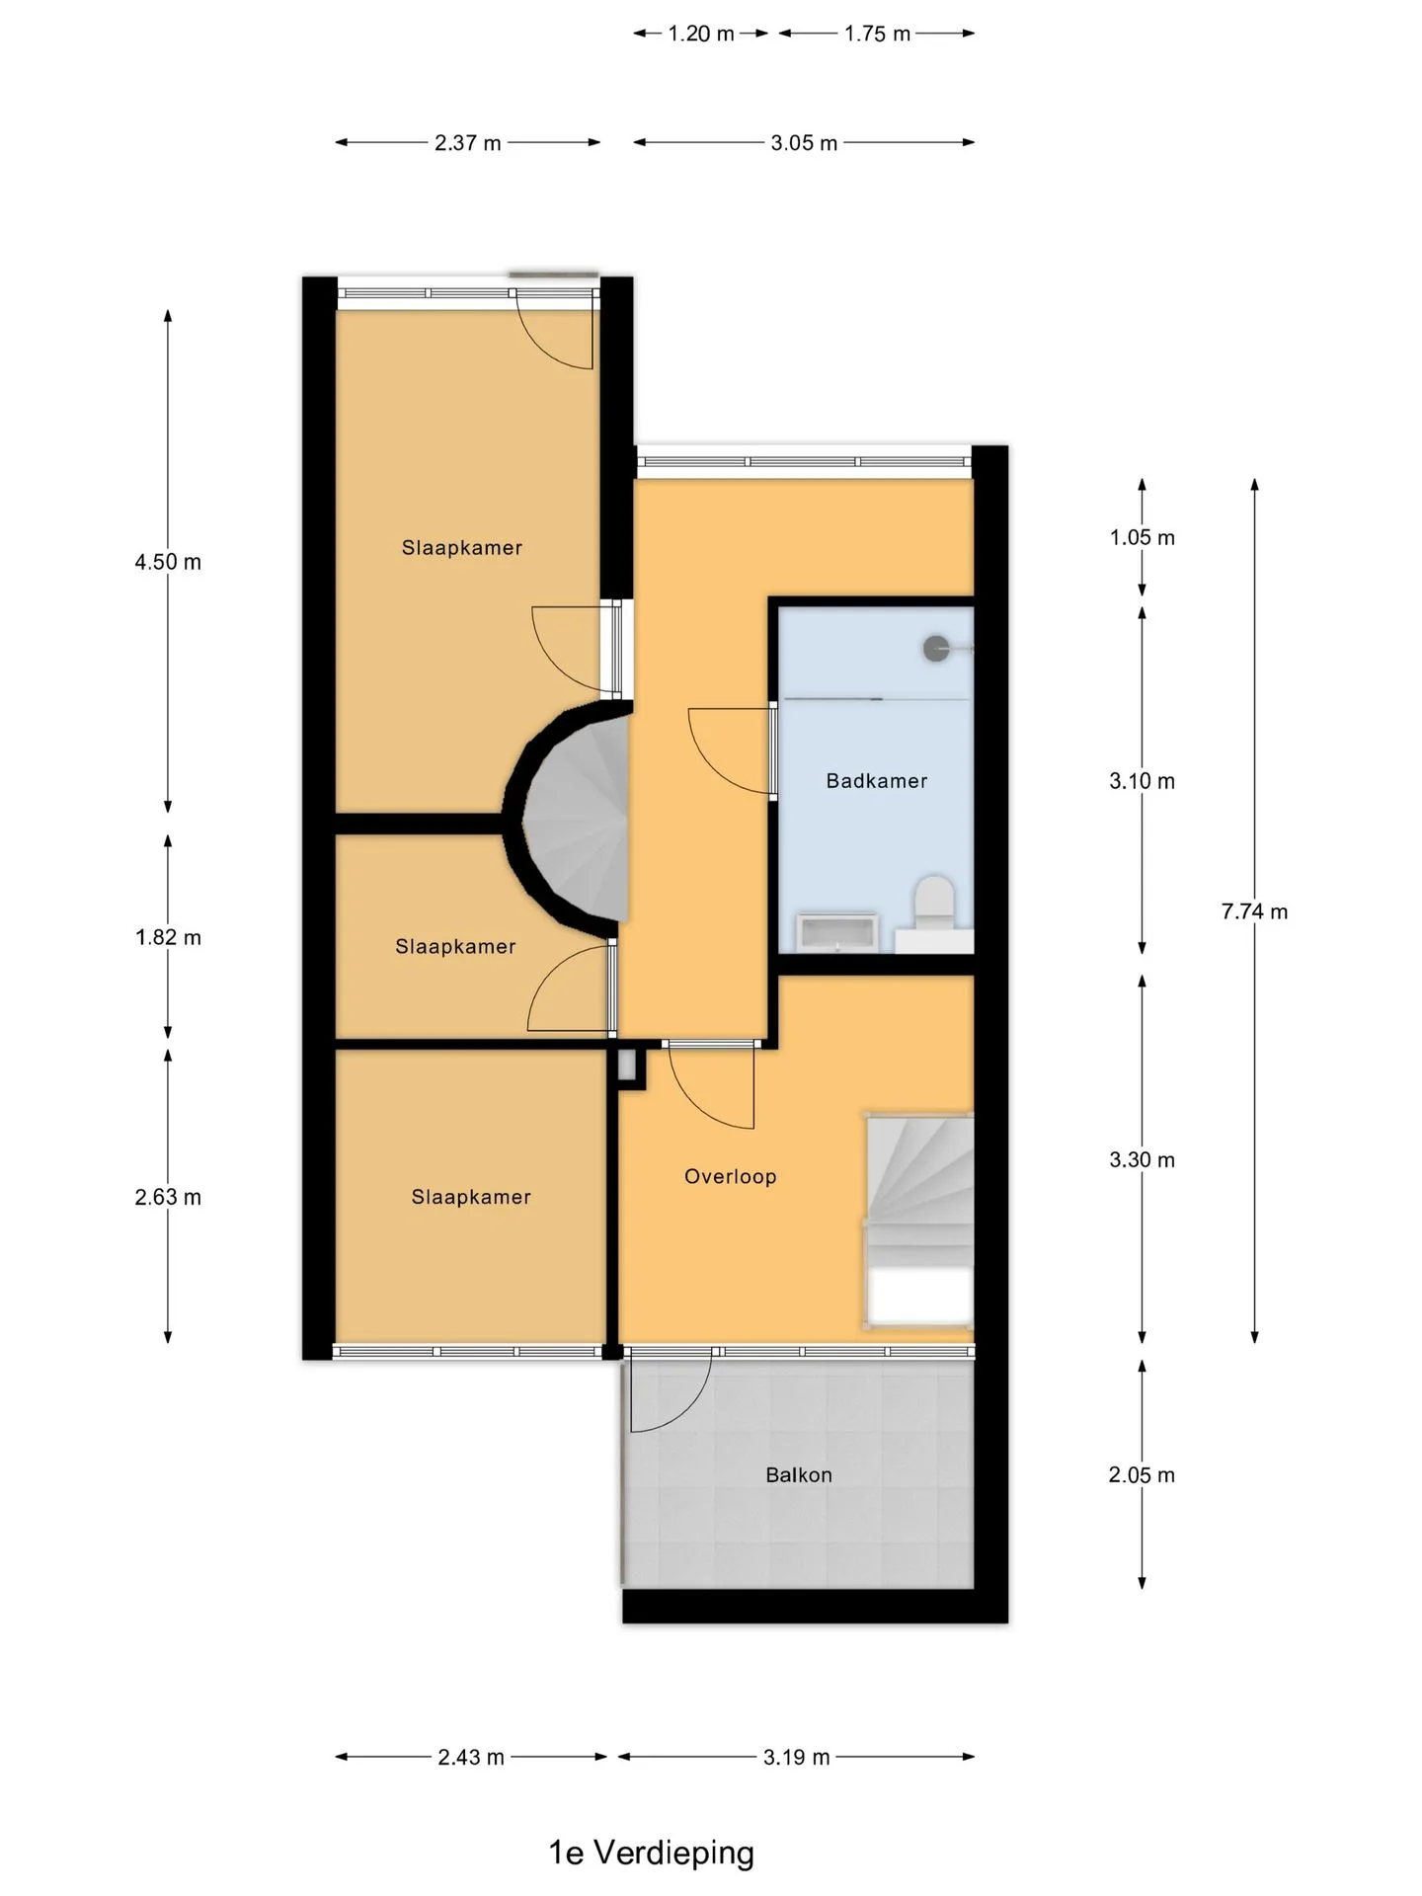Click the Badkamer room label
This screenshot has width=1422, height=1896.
[x=877, y=781]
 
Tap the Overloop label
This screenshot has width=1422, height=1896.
[x=731, y=1176]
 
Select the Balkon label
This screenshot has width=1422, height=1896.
[x=799, y=1475]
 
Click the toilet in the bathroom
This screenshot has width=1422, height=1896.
[x=934, y=903]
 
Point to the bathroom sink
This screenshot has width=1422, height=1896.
[x=837, y=931]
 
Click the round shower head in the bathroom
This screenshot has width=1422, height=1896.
[x=936, y=649]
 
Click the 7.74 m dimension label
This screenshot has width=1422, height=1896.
[x=1254, y=911]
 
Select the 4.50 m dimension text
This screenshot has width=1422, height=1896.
[x=168, y=562]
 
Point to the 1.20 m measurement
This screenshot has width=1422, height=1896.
[x=701, y=34]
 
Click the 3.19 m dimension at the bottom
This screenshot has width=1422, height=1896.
[x=796, y=1757]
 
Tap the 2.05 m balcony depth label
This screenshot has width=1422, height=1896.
[x=1142, y=1475]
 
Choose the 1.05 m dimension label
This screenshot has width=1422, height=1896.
[x=1142, y=537]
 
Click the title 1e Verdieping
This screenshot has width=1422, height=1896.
[x=652, y=1853]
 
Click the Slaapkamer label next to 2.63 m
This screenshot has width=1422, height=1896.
[x=471, y=1197]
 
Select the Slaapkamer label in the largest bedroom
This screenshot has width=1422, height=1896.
[x=462, y=548]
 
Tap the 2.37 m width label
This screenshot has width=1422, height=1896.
[x=468, y=143]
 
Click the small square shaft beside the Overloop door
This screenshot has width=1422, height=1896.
[x=628, y=1066]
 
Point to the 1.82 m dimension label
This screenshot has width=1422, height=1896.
[x=168, y=937]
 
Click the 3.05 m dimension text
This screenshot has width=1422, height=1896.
[x=804, y=143]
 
